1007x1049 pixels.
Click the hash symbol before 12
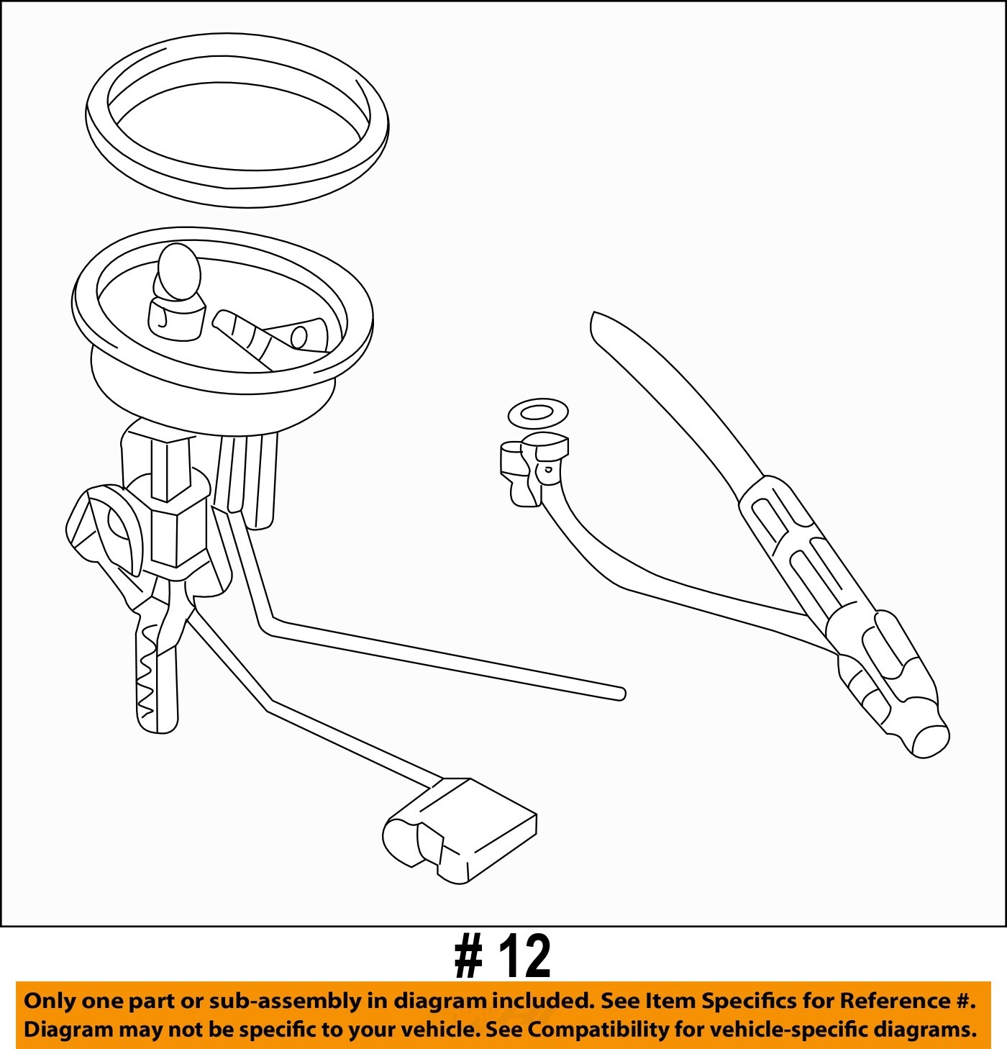tap(468, 957)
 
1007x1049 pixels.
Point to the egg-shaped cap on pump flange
tap(178, 272)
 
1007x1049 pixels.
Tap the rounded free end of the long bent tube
tap(619, 694)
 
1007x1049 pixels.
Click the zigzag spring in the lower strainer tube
tap(147, 676)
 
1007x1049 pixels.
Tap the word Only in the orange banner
tap(48, 1002)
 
